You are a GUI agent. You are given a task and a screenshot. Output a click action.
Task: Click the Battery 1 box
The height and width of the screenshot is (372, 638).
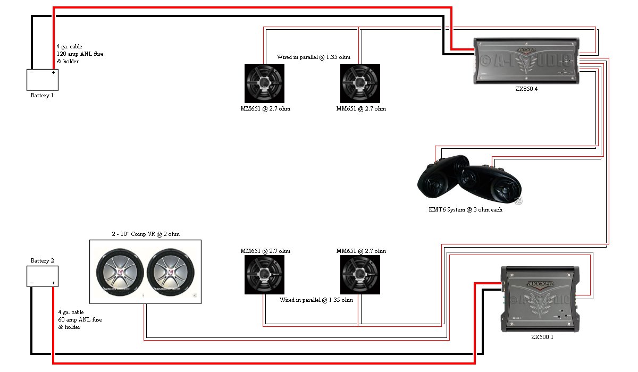43,80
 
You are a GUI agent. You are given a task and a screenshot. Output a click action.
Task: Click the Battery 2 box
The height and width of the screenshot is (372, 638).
43,276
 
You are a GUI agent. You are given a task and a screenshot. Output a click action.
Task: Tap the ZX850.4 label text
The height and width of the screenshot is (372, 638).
526,89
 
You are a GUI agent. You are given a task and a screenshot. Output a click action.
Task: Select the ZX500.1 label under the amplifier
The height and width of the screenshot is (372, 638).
542,337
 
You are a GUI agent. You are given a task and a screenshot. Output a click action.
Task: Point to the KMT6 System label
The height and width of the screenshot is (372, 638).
465,209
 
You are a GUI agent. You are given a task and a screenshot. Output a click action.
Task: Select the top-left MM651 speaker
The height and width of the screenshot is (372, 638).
264,83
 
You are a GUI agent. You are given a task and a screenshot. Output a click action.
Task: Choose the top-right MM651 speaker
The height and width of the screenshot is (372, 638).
360,83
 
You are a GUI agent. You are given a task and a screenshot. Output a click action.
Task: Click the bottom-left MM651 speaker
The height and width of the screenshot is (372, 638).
264,275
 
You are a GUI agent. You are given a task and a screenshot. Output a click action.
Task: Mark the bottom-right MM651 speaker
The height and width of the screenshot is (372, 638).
360,275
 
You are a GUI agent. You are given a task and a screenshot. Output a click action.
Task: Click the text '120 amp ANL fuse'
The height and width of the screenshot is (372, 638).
78,54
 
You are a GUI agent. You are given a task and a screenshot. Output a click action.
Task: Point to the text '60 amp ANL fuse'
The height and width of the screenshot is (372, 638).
80,320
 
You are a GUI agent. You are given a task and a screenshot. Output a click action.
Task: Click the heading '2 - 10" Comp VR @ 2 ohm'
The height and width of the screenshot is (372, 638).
145,234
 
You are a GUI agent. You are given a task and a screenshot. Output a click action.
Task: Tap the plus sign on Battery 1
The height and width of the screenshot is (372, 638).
53,72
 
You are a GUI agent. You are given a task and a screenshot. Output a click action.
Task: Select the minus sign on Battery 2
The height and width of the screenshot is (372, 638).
32,283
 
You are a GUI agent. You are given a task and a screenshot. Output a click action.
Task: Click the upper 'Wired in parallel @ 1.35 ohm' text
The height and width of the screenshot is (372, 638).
315,57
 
